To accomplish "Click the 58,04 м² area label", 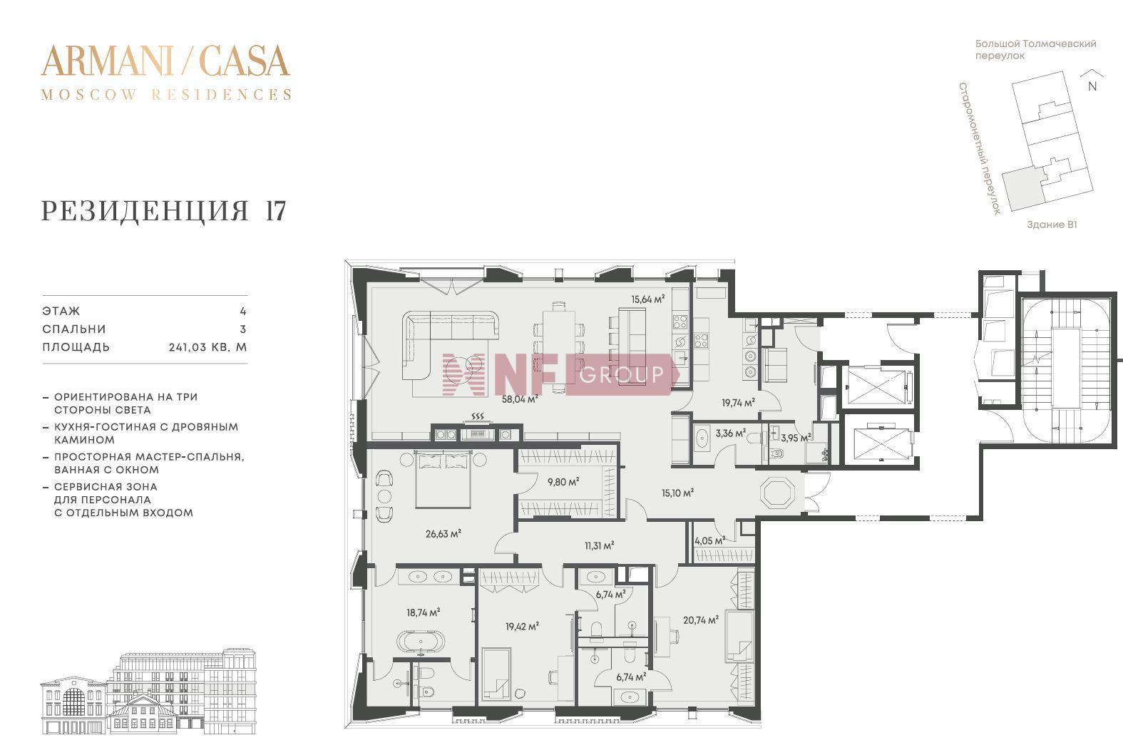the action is (x=520, y=399).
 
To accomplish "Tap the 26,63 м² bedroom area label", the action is (x=443, y=534).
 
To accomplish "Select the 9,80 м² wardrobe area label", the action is (x=563, y=482).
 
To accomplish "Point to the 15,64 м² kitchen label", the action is (x=647, y=299).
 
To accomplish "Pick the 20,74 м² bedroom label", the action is (x=700, y=620).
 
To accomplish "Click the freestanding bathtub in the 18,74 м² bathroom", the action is (x=421, y=641).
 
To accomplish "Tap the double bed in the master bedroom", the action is (x=443, y=480).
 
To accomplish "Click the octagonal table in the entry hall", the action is (x=777, y=494).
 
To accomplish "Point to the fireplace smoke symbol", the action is (x=478, y=416).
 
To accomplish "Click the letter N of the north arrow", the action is (x=1092, y=86).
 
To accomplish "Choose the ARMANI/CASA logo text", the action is (x=165, y=61).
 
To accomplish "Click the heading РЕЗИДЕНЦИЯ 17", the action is (x=163, y=210).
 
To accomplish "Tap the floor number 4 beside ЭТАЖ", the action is (x=243, y=311).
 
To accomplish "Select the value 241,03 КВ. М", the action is (x=207, y=347).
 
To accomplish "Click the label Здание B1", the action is (x=1051, y=225).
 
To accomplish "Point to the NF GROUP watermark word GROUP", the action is (x=622, y=374).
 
